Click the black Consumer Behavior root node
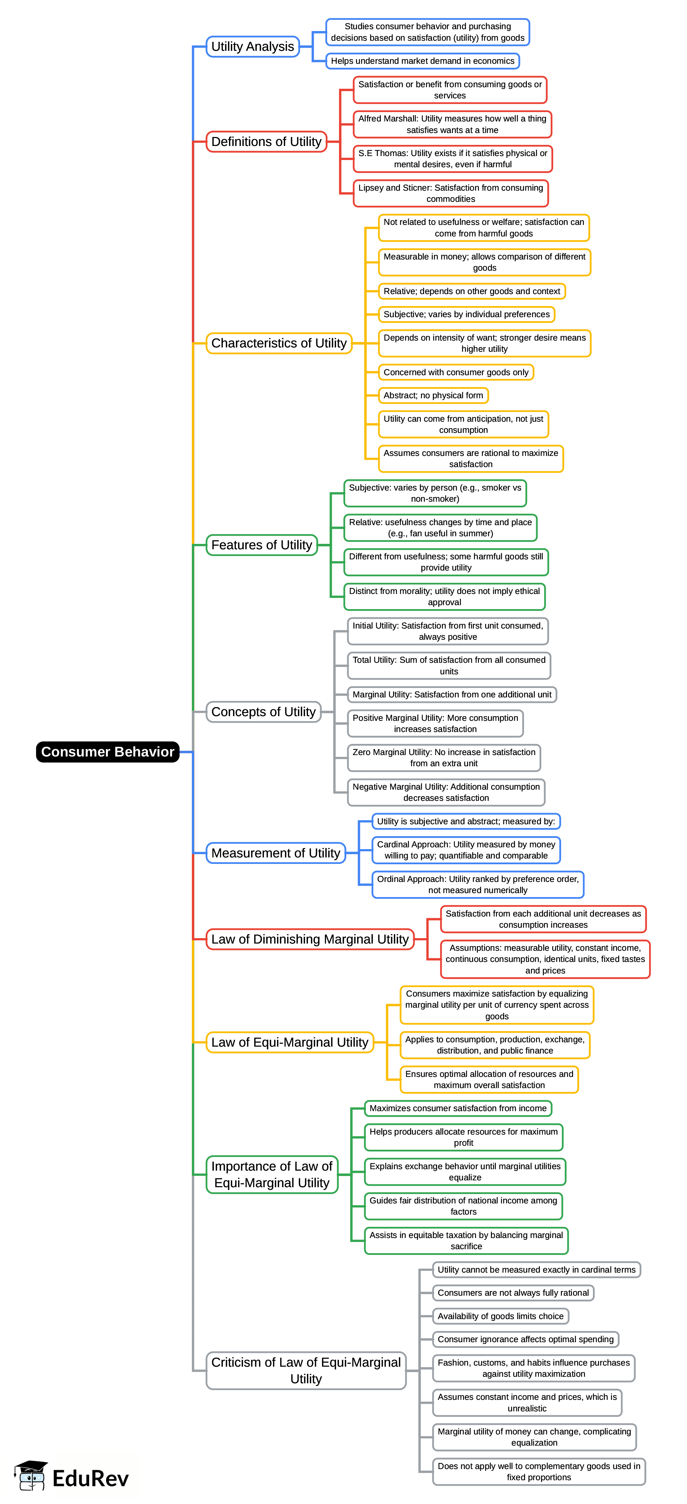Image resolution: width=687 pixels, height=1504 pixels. point(107,751)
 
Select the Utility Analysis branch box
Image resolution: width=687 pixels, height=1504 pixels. point(252,47)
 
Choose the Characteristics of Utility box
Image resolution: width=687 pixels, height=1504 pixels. point(279,343)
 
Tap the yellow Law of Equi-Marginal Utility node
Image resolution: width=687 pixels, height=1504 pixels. point(289,1042)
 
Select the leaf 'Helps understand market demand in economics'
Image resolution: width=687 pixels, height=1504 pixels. point(422,61)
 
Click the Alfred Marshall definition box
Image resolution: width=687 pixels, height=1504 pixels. point(452,124)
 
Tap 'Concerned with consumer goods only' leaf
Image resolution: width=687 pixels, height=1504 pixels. point(456,373)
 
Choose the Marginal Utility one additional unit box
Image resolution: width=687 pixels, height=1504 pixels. point(452,695)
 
